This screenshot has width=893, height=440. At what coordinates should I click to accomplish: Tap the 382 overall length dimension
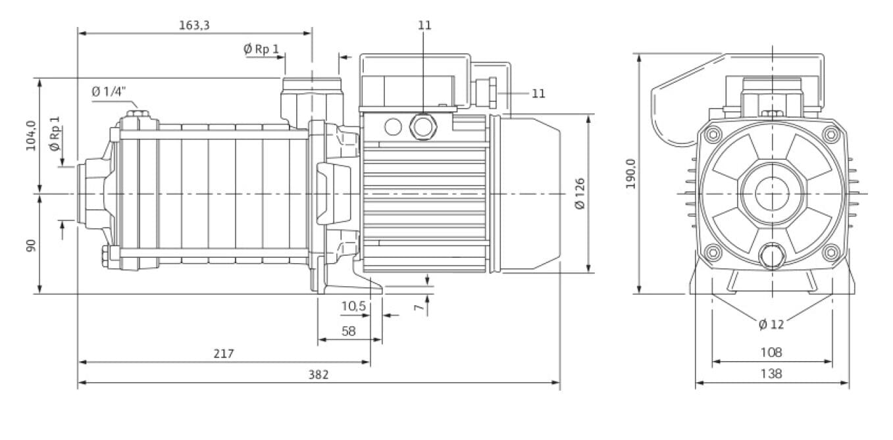coord(318,374)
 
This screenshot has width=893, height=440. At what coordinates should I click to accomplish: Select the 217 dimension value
coord(224,354)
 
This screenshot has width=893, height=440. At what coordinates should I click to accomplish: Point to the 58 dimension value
coord(349,331)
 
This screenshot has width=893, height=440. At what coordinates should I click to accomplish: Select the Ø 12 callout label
coord(771,324)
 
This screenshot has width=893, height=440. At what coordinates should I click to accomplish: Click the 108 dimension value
coord(771,353)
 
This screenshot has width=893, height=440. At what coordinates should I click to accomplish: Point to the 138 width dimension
coord(771,374)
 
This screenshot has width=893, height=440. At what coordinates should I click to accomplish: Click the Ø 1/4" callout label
coord(108,92)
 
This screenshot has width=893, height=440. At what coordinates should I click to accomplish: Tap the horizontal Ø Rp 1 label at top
coord(261,49)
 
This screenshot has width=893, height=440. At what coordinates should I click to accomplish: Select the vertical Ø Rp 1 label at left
coord(55,134)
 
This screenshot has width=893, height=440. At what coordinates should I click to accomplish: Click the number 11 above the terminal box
coord(424,25)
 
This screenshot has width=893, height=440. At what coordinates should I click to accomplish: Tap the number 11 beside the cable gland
coord(538,93)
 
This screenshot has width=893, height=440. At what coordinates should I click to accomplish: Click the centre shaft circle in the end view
coord(771,194)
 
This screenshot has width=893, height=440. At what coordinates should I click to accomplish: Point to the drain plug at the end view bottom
coord(771,256)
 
